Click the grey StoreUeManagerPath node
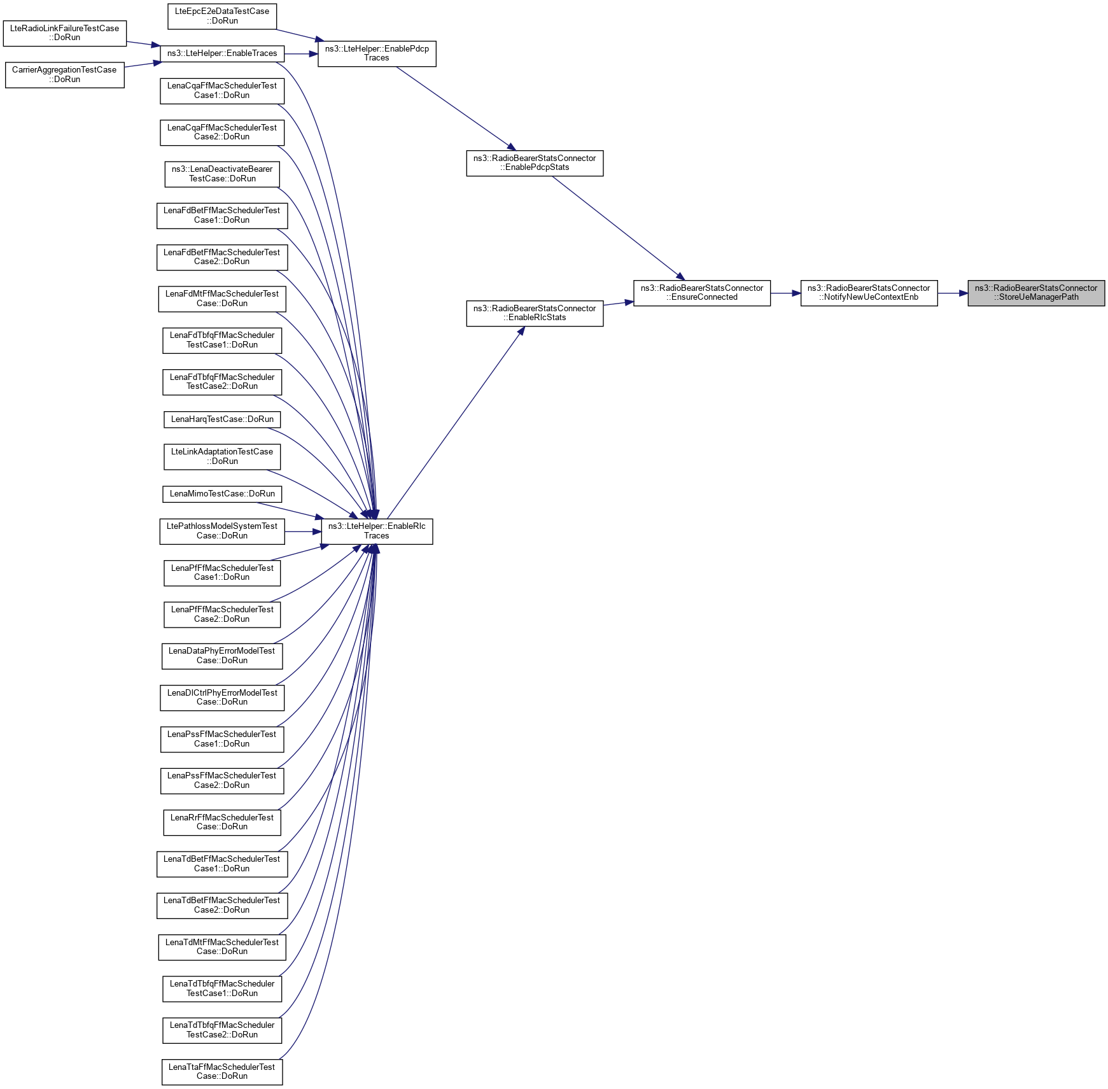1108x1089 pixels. [1036, 293]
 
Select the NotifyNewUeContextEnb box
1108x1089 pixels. [869, 293]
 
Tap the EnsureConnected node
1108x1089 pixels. [701, 293]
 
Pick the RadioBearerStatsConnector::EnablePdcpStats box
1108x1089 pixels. [535, 163]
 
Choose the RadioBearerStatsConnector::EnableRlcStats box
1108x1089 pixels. [535, 313]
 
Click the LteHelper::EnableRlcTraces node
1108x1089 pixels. [377, 531]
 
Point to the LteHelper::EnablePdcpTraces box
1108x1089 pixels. [377, 53]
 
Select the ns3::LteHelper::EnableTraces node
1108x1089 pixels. [222, 53]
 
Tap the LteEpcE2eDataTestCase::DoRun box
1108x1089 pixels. [222, 16]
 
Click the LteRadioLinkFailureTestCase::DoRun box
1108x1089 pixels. [65, 33]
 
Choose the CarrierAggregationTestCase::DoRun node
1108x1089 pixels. [65, 74]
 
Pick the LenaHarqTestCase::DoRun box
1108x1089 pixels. [222, 419]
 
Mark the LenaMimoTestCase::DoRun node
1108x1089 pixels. [222, 494]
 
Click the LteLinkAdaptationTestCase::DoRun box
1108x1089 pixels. [222, 456]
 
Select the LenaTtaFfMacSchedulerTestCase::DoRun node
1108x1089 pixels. [222, 1072]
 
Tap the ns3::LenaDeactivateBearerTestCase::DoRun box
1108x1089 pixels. [222, 174]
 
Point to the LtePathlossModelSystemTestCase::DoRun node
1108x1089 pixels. [222, 531]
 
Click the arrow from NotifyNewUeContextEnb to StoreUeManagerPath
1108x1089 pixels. [953, 293]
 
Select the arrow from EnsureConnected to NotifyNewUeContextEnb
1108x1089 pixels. [785, 293]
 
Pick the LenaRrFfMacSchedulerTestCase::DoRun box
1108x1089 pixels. [222, 822]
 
